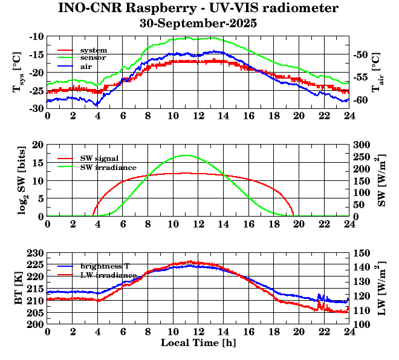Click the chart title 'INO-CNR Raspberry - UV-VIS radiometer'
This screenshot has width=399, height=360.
click(x=198, y=9)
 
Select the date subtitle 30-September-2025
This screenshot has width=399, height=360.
click(x=198, y=24)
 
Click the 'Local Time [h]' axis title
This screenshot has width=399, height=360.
click(x=198, y=342)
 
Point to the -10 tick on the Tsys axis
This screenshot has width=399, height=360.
click(x=36, y=36)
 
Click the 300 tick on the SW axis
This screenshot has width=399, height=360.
click(x=362, y=145)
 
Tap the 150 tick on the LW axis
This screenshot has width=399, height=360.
click(x=362, y=252)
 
